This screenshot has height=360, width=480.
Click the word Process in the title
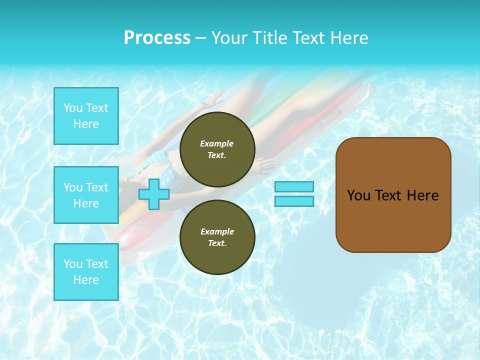click(157, 38)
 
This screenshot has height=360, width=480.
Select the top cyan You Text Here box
click(86, 116)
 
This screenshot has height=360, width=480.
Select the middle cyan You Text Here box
click(86, 195)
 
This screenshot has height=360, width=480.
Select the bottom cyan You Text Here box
click(86, 272)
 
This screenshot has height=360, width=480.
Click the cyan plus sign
click(154, 194)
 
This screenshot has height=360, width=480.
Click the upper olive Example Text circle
click(217, 149)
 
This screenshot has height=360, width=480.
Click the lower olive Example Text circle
click(217, 237)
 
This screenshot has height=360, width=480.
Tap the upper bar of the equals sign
click(294, 186)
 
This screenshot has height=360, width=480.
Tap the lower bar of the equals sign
click(294, 201)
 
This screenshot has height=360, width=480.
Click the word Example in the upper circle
click(217, 143)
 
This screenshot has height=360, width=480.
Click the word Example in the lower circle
click(217, 231)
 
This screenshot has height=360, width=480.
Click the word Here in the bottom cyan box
click(86, 280)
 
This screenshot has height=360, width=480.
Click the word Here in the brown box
click(422, 195)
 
